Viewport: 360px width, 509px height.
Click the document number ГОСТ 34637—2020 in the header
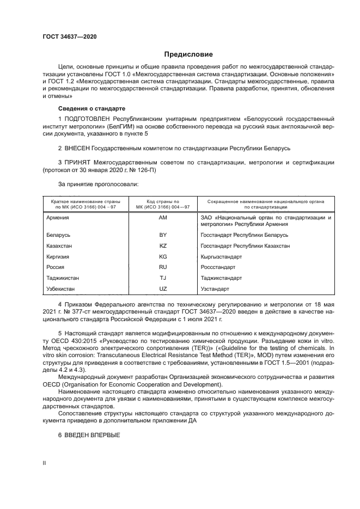pyautogui.click(x=69, y=37)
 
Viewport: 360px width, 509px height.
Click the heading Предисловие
pyautogui.click(x=188, y=54)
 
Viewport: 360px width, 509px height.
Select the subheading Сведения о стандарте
pyautogui.click(x=91, y=108)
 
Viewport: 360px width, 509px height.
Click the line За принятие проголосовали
pyautogui.click(x=90, y=184)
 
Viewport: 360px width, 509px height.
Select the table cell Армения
pyautogui.click(x=58, y=217)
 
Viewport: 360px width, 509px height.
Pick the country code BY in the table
pyautogui.click(x=162, y=235)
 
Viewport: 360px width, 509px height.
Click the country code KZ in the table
pyautogui.click(x=162, y=246)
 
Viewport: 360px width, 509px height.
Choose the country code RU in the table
pyautogui.click(x=162, y=267)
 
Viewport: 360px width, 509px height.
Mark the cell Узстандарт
pyautogui.click(x=215, y=288)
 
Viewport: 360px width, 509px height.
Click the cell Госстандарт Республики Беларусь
pyautogui.click(x=245, y=235)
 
